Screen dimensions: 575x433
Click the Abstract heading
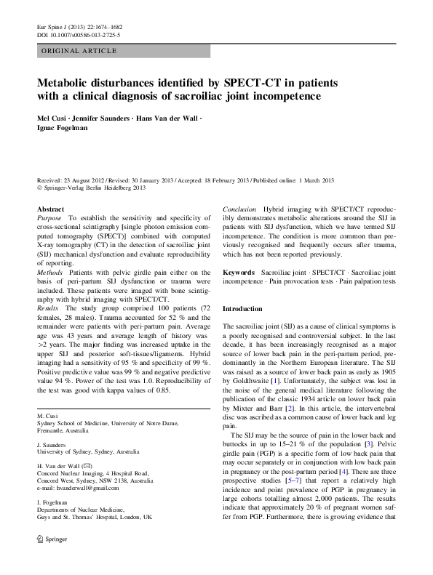click(50, 209)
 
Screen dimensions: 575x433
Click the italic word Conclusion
click(239, 209)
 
